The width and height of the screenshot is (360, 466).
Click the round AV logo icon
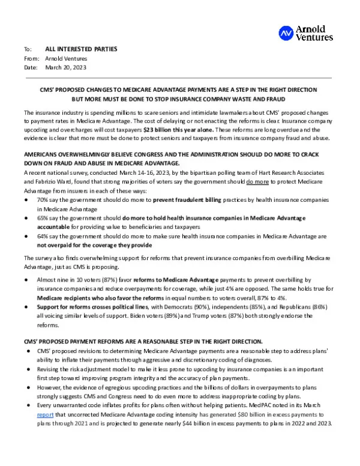[287, 34]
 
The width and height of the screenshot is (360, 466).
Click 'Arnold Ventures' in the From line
[66, 58]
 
